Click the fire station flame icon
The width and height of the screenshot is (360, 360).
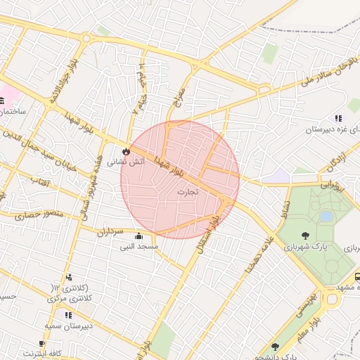(x=126, y=150)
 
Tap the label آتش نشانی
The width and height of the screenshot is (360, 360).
(x=126, y=162)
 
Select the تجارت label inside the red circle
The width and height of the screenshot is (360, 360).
(x=187, y=191)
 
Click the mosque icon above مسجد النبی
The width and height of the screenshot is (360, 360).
(x=138, y=236)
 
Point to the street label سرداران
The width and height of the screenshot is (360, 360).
(x=110, y=231)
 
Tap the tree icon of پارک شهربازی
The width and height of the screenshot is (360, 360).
(x=304, y=236)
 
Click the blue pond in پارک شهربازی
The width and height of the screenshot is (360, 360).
(x=326, y=217)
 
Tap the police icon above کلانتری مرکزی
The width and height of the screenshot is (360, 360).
(x=68, y=278)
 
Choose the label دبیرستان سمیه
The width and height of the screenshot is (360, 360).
(x=65, y=326)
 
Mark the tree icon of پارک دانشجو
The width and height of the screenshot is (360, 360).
(x=274, y=346)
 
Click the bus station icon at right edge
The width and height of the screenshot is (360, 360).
(x=356, y=277)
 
